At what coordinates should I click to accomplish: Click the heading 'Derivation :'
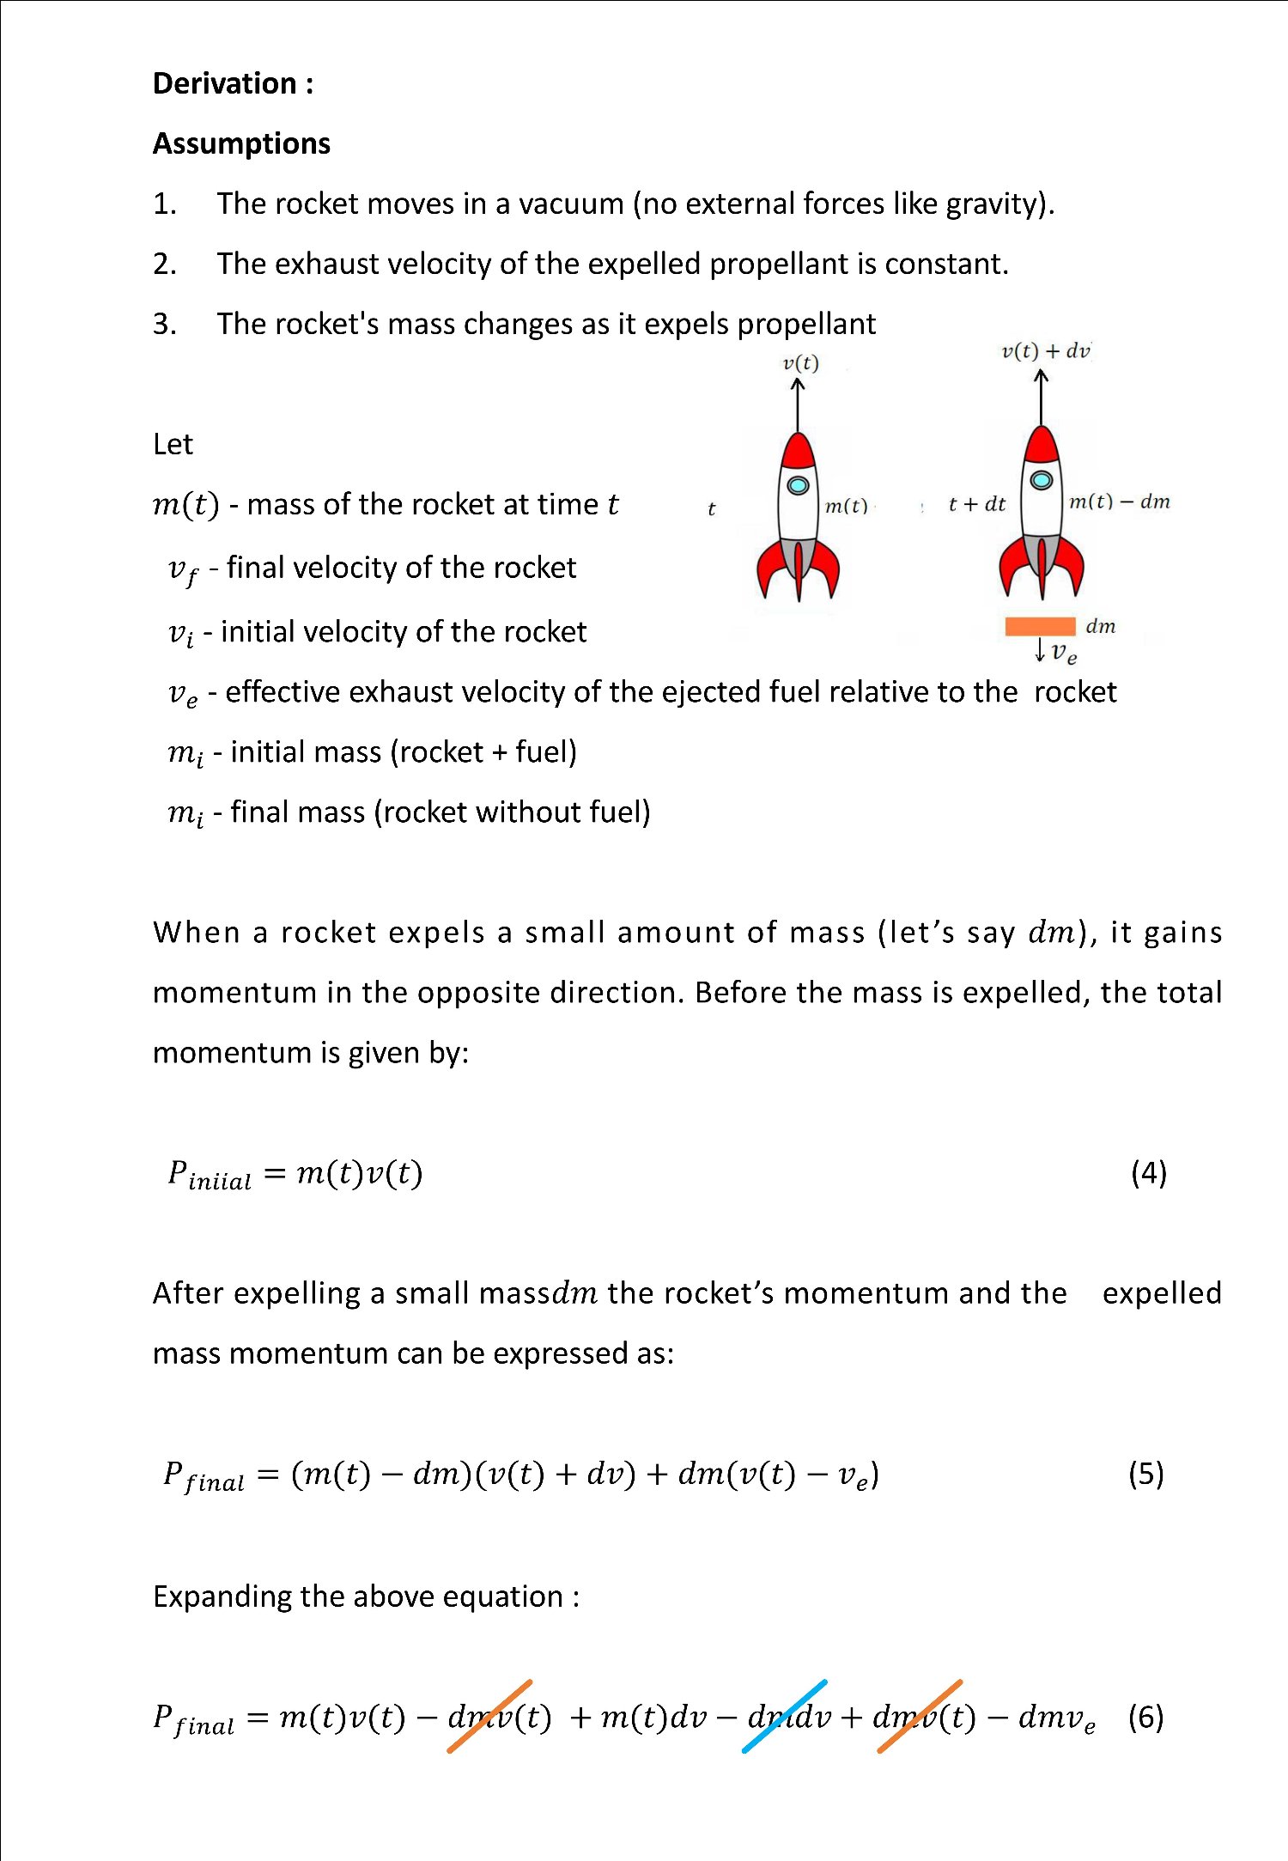coord(233,83)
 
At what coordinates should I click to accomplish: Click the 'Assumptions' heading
coord(241,143)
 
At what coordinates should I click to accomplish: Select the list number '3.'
coord(165,324)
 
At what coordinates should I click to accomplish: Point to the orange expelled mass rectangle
coord(1040,626)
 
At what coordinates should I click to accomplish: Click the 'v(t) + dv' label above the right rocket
coord(1045,351)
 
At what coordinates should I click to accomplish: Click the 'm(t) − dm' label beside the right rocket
coord(1119,502)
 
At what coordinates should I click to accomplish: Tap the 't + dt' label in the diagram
coord(976,504)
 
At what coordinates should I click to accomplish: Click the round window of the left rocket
coord(798,485)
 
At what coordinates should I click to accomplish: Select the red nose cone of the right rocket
coord(1042,445)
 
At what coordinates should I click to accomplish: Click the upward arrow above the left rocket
coord(798,404)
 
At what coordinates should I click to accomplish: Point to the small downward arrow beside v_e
coord(1040,649)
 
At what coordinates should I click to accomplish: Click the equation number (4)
coord(1148,1172)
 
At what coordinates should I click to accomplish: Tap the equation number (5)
coord(1145,1474)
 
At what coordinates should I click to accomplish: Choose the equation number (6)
coord(1145,1717)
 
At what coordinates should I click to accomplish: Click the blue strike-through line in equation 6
coord(784,1716)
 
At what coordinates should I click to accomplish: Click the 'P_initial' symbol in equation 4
coord(209,1175)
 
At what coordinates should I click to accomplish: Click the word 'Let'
coord(173,444)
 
